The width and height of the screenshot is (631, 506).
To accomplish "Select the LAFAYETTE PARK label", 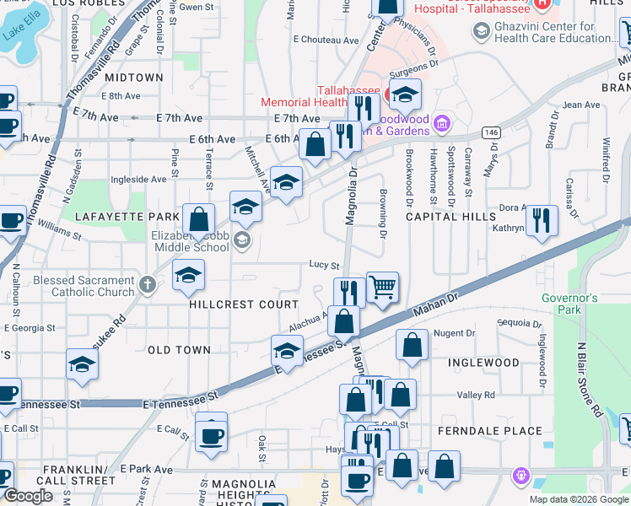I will (116, 217).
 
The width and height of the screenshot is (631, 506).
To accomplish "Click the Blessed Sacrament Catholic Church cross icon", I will (148, 284).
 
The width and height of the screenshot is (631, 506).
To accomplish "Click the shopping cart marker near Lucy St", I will (382, 288).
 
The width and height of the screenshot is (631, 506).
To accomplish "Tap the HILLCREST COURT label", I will (233, 304).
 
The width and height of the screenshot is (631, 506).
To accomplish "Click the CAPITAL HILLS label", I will (450, 217).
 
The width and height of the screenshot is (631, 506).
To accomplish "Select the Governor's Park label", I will (569, 304).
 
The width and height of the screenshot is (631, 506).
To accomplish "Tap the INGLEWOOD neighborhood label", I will (483, 363).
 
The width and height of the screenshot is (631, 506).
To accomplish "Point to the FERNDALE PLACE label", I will (490, 431).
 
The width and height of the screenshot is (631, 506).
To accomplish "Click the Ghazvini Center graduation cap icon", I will (481, 32).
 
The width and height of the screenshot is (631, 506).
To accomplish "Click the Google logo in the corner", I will (30, 496).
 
